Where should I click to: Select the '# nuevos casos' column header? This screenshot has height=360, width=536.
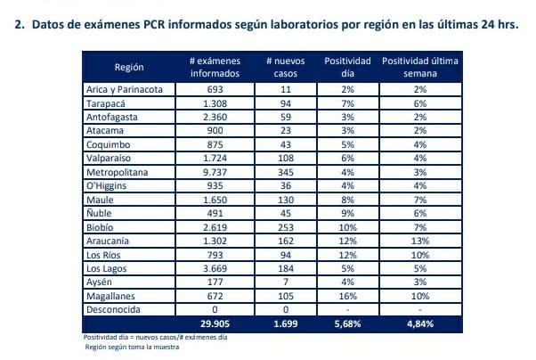click(286, 68)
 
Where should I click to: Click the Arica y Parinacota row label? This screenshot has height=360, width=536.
click(124, 90)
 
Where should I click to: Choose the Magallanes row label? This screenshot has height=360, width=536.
click(110, 295)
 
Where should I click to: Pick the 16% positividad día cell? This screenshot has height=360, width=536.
click(348, 295)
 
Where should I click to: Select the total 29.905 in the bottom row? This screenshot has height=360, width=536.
click(215, 323)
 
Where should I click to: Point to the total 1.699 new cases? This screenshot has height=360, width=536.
click(286, 323)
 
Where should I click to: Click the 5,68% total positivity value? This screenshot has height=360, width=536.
click(348, 323)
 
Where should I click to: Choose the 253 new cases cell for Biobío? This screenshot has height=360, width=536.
click(286, 226)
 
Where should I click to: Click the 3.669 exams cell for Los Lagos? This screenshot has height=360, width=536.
click(215, 267)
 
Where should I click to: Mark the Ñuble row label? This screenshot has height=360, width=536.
click(101, 213)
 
